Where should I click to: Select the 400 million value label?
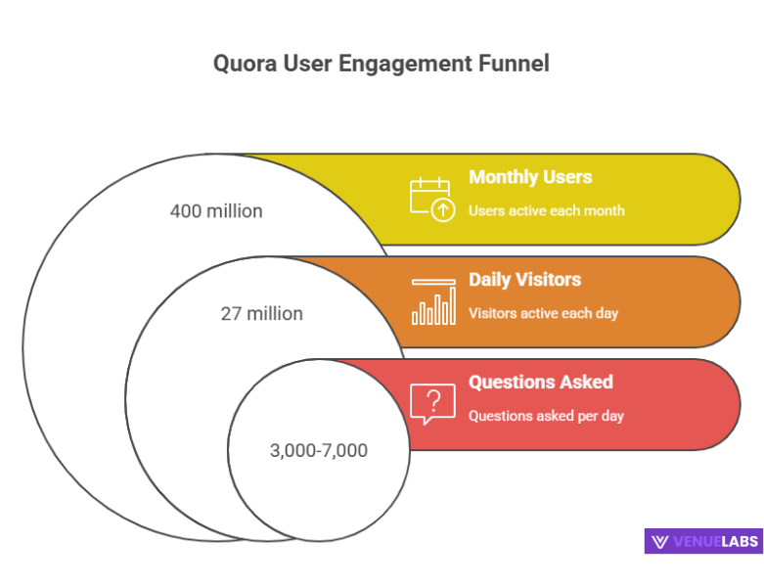tap(216, 210)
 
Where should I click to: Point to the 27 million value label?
tap(261, 314)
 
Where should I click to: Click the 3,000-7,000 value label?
tap(318, 450)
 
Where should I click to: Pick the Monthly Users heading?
tap(530, 177)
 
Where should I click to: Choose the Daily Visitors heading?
tap(524, 280)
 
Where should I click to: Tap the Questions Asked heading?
tap(540, 382)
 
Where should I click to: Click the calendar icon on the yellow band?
tap(430, 197)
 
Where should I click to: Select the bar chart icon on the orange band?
tap(433, 302)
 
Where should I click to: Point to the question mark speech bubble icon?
tap(432, 403)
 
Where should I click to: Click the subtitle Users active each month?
tap(546, 210)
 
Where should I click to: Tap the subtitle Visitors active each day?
tap(543, 313)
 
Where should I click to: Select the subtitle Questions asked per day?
tap(546, 415)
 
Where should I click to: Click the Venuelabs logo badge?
tap(702, 541)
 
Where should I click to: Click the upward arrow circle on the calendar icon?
tap(443, 209)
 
